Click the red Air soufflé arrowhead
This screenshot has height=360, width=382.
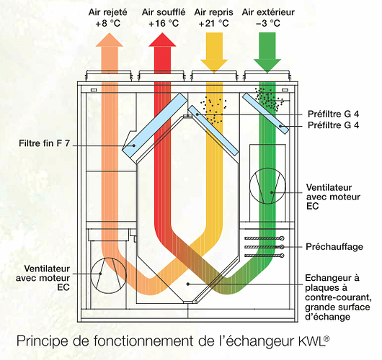click(x=162, y=40)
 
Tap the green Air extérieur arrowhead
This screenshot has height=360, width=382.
click(x=267, y=66)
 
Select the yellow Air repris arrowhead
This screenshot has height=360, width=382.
click(x=214, y=66)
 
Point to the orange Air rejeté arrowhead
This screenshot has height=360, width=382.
click(x=110, y=40)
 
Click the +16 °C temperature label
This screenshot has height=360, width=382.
click(x=164, y=24)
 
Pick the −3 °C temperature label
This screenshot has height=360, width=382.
click(x=268, y=24)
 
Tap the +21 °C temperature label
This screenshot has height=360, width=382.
click(x=213, y=24)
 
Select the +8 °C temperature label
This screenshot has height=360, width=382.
click(x=108, y=24)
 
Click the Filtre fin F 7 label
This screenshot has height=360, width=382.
click(x=45, y=143)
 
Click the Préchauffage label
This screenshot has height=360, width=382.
click(x=334, y=247)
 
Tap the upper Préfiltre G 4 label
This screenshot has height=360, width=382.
click(x=333, y=114)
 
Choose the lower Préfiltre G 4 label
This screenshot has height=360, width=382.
click(x=333, y=125)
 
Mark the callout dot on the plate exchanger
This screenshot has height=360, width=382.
click(x=188, y=284)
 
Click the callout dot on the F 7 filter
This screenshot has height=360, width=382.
click(x=134, y=145)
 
